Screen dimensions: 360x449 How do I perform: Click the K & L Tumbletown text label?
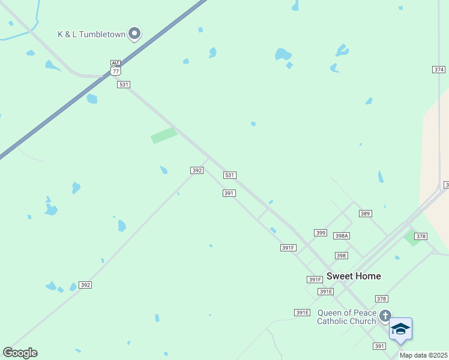pyautogui.click(x=91, y=34)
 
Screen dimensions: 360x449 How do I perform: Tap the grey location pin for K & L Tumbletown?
pyautogui.click(x=134, y=34)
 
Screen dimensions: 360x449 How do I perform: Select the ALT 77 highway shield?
pyautogui.click(x=116, y=67)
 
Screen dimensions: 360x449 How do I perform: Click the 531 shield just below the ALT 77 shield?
pyautogui.click(x=124, y=85)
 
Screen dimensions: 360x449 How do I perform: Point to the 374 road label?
pyautogui.click(x=439, y=70)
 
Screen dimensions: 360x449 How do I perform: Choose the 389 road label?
pyautogui.click(x=366, y=214)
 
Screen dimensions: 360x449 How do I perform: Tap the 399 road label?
pyautogui.click(x=321, y=233)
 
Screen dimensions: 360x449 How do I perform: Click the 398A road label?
pyautogui.click(x=342, y=236)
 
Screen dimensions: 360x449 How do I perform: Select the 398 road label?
pyautogui.click(x=341, y=256)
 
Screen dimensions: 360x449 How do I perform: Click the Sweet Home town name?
pyautogui.click(x=354, y=276)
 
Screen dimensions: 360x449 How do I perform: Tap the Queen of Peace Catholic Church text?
pyautogui.click(x=347, y=317)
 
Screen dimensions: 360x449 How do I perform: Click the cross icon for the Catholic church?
pyautogui.click(x=385, y=315)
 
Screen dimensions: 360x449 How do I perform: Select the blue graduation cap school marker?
pyautogui.click(x=400, y=329)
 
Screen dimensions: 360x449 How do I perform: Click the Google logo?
pyautogui.click(x=20, y=353)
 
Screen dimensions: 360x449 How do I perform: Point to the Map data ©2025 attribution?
pyautogui.click(x=424, y=355)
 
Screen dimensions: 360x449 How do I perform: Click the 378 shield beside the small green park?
pyautogui.click(x=421, y=236)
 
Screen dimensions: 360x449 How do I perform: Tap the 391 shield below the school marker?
pyautogui.click(x=379, y=346)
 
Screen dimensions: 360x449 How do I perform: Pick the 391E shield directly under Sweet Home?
pyautogui.click(x=325, y=292)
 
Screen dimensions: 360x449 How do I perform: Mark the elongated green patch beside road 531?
pyautogui.click(x=164, y=136)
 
